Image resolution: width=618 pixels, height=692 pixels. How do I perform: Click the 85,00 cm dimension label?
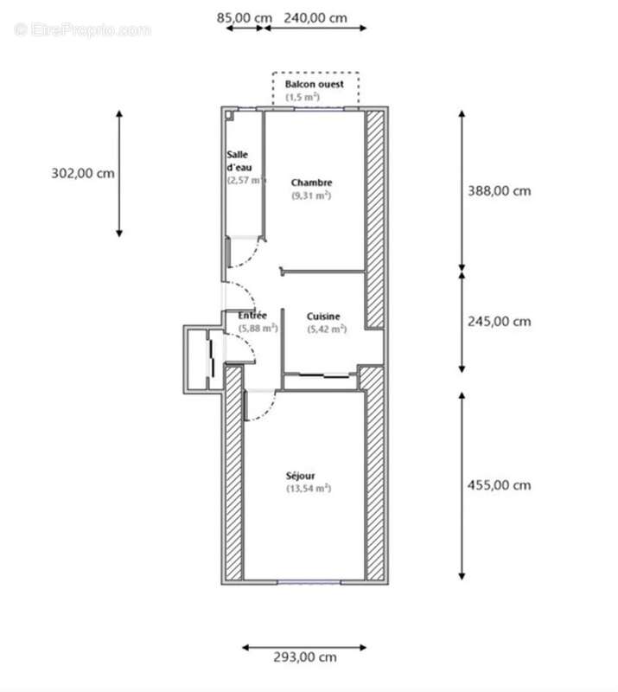point(244,16)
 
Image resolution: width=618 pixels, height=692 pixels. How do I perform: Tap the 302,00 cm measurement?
point(83,173)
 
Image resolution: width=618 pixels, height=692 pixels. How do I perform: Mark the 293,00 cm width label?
point(304,657)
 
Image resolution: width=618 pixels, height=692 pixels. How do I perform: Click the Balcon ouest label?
point(315,84)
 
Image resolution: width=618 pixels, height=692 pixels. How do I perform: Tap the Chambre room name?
point(311,183)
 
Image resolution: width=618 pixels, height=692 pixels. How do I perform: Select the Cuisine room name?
point(323,317)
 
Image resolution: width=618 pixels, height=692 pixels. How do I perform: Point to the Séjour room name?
point(301,476)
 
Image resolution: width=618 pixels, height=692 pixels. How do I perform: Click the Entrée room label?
point(252,316)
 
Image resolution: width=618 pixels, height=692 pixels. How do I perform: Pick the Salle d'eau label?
point(238,160)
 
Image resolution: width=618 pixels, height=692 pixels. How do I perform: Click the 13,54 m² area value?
point(309,489)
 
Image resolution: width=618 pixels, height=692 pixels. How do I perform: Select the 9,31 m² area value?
point(311,195)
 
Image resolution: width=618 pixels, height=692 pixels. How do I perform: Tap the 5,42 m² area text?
point(327,329)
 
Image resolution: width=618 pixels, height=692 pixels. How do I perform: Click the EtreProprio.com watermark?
point(83,29)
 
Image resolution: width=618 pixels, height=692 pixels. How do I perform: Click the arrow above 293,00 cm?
point(304,645)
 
